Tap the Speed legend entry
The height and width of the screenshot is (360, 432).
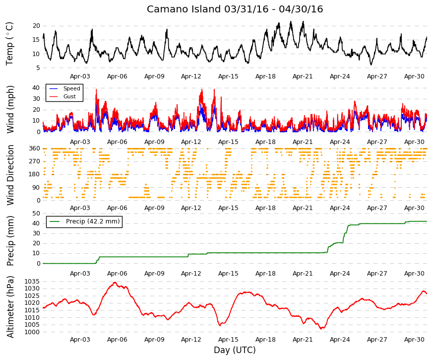click(x=64, y=88)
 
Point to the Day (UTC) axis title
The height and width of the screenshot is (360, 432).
click(x=235, y=350)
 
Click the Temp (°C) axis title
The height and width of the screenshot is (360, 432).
click(x=9, y=44)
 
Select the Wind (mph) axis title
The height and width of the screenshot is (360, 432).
click(x=10, y=110)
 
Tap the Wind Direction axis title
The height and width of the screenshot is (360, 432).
click(x=10, y=175)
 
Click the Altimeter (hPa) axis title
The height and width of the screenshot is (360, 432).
click(x=10, y=307)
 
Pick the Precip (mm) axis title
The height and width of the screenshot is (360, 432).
click(x=10, y=241)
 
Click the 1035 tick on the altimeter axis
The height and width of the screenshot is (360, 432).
click(x=32, y=282)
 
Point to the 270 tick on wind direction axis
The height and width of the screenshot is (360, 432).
click(x=34, y=161)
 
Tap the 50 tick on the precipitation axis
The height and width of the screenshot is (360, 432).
click(x=36, y=213)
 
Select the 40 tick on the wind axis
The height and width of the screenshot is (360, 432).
click(x=36, y=88)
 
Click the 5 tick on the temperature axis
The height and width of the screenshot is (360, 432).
click(x=38, y=68)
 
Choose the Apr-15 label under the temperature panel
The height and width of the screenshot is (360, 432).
click(x=228, y=76)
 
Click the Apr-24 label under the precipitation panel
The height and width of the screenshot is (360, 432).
click(x=340, y=274)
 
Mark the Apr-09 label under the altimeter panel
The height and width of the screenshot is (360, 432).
click(x=154, y=340)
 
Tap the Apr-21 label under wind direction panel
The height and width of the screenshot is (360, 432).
click(x=303, y=208)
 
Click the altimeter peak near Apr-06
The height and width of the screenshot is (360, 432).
click(x=115, y=283)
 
